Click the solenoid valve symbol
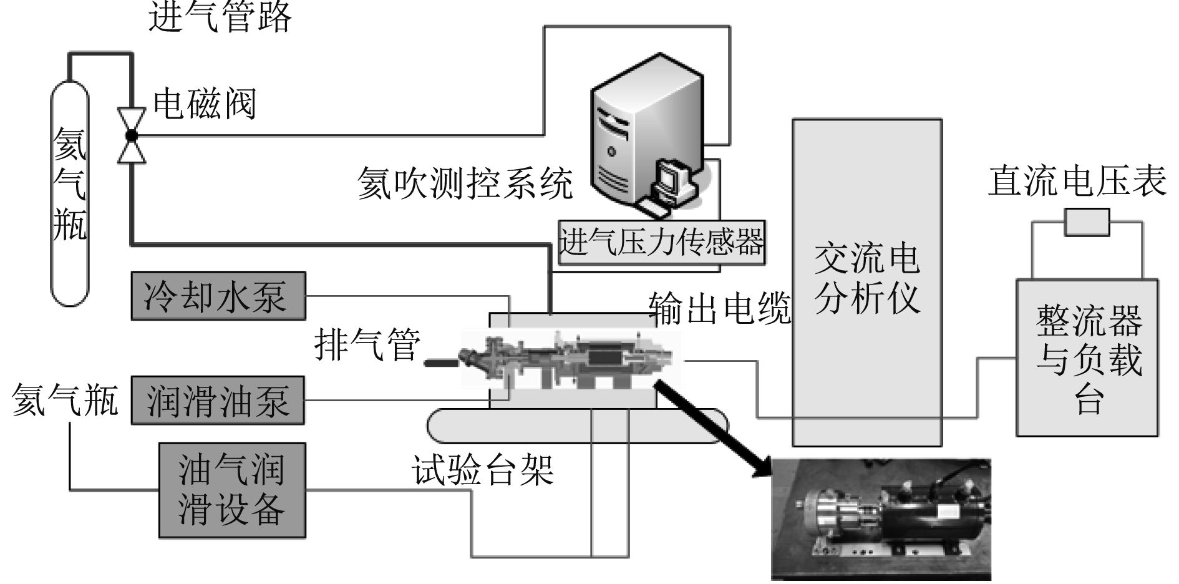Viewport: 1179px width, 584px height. (x=132, y=135)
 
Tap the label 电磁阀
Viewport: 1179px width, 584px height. (x=205, y=104)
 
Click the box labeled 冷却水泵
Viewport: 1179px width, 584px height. (x=218, y=296)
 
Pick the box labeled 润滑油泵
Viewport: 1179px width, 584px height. (x=218, y=401)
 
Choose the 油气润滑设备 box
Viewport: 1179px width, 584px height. (x=232, y=490)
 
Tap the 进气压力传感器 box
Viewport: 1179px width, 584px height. (x=661, y=242)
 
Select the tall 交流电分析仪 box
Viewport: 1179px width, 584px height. (x=866, y=283)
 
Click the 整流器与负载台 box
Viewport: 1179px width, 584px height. (x=1087, y=358)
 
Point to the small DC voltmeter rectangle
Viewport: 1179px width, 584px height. (x=1087, y=222)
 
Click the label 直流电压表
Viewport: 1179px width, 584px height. (x=1077, y=181)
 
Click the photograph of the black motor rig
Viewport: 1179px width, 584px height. (x=881, y=520)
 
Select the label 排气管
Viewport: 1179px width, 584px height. (x=367, y=344)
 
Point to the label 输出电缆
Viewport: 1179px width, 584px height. (x=719, y=308)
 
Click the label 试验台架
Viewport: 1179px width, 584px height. (x=482, y=469)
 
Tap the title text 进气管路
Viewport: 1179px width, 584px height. (x=220, y=17)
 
